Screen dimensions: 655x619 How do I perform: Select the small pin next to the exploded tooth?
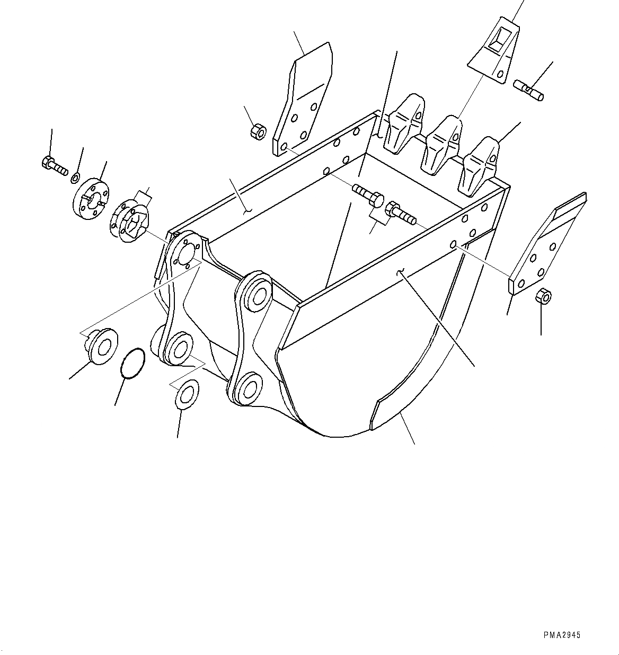click(528, 88)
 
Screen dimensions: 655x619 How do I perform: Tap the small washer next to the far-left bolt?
click(75, 176)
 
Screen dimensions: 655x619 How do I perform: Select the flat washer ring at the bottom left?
click(185, 394)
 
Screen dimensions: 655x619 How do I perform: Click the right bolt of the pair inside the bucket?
click(402, 213)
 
